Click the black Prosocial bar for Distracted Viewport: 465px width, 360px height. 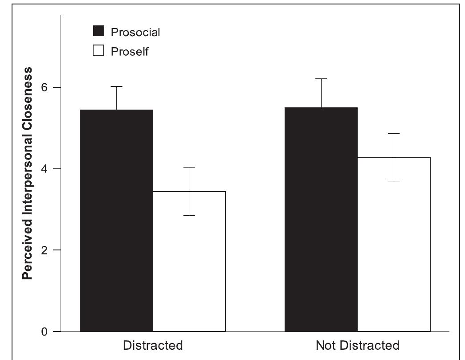point(116,221)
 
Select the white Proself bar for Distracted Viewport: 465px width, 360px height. point(189,262)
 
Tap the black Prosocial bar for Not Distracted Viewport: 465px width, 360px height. point(321,219)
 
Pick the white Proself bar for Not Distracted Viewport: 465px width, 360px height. point(394,244)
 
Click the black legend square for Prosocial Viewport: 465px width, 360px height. point(98,31)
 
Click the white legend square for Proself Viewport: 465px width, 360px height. point(98,51)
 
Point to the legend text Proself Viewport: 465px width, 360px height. point(130,52)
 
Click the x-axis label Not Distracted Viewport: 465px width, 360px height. point(357,345)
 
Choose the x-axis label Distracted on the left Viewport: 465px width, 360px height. point(153,345)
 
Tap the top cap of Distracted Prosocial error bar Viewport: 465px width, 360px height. point(117,86)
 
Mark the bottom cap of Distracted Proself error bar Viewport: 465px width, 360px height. point(189,216)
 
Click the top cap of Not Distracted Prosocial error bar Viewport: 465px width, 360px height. point(321,78)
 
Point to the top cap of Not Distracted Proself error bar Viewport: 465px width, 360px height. point(394,134)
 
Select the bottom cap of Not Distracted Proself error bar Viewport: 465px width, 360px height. point(394,181)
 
